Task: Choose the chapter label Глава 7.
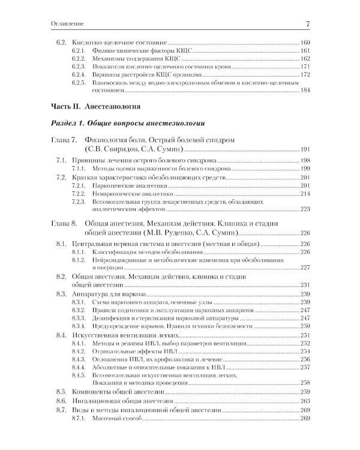coord(62,140)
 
